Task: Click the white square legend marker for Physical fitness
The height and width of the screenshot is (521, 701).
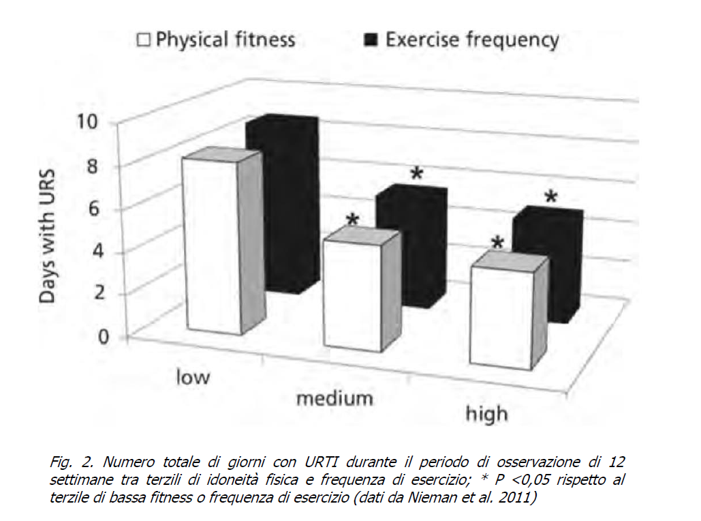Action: click(144, 40)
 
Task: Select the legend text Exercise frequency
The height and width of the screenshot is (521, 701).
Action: click(472, 39)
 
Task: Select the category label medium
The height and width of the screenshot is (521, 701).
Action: click(334, 398)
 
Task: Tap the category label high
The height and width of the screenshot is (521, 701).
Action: click(486, 413)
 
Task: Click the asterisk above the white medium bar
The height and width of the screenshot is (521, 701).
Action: click(352, 220)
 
